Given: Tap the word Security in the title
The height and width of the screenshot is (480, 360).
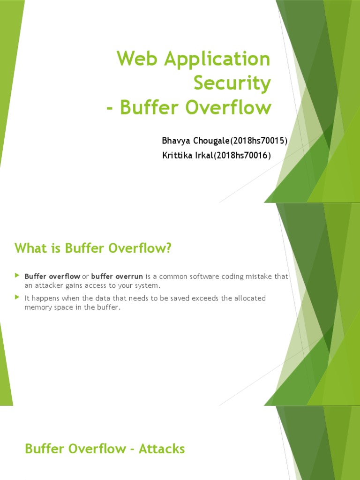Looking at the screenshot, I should pos(232,83).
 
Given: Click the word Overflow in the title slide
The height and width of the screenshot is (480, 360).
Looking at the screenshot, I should pos(229,107).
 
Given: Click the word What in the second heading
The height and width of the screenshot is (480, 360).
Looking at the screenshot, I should pos(30,248).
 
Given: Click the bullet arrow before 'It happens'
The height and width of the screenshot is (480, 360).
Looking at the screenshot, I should pos(17,298).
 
